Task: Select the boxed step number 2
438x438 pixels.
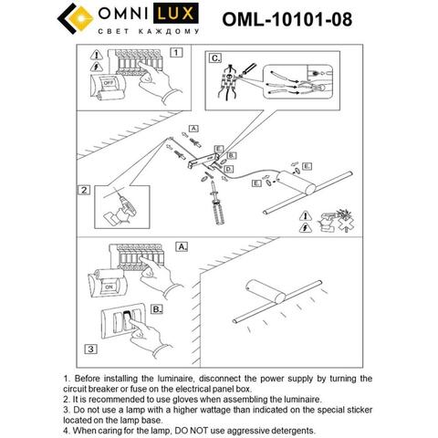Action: click(x=84, y=191)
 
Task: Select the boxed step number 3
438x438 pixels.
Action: click(x=89, y=349)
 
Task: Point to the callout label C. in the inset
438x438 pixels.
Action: click(x=216, y=59)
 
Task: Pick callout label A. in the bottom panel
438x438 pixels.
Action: click(x=180, y=247)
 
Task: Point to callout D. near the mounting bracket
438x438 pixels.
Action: click(x=228, y=170)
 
